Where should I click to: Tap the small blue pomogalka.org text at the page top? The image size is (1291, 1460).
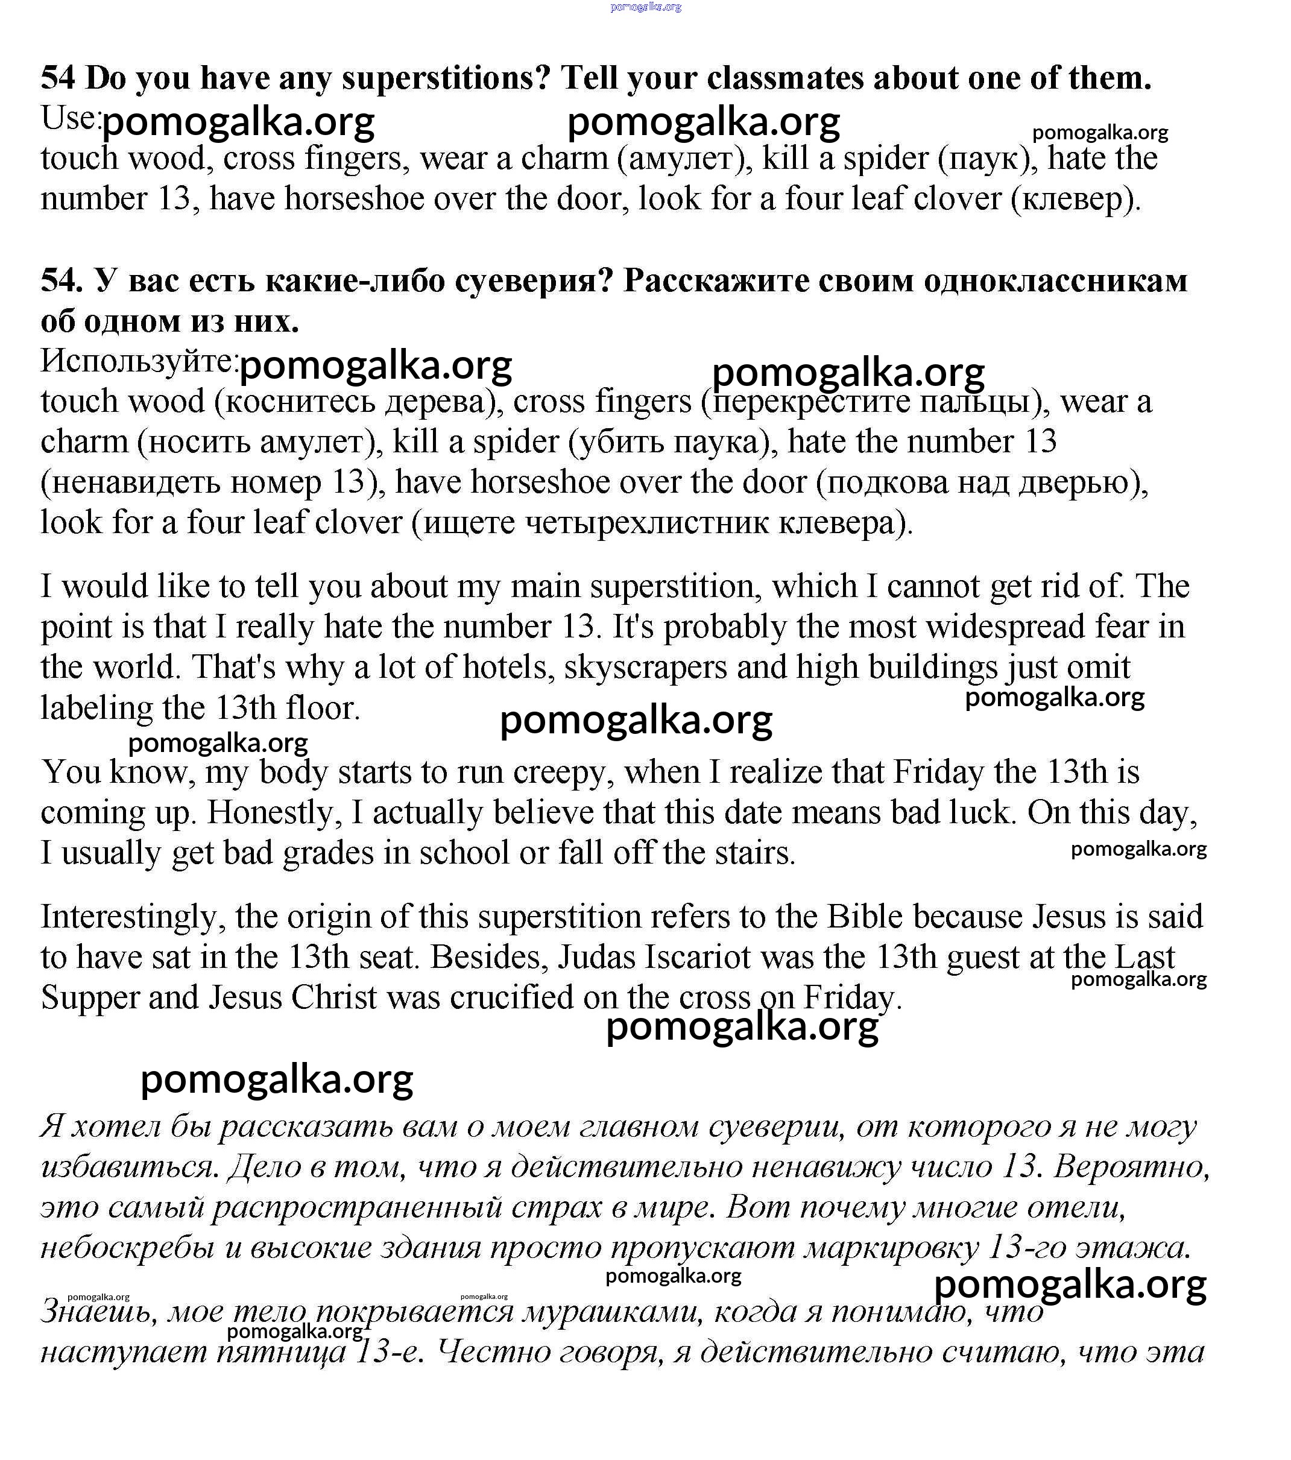645,7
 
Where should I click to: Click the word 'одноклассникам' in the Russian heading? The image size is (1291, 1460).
1055,280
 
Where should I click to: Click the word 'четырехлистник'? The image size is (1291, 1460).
646,523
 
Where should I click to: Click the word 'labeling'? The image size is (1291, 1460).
96,709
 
